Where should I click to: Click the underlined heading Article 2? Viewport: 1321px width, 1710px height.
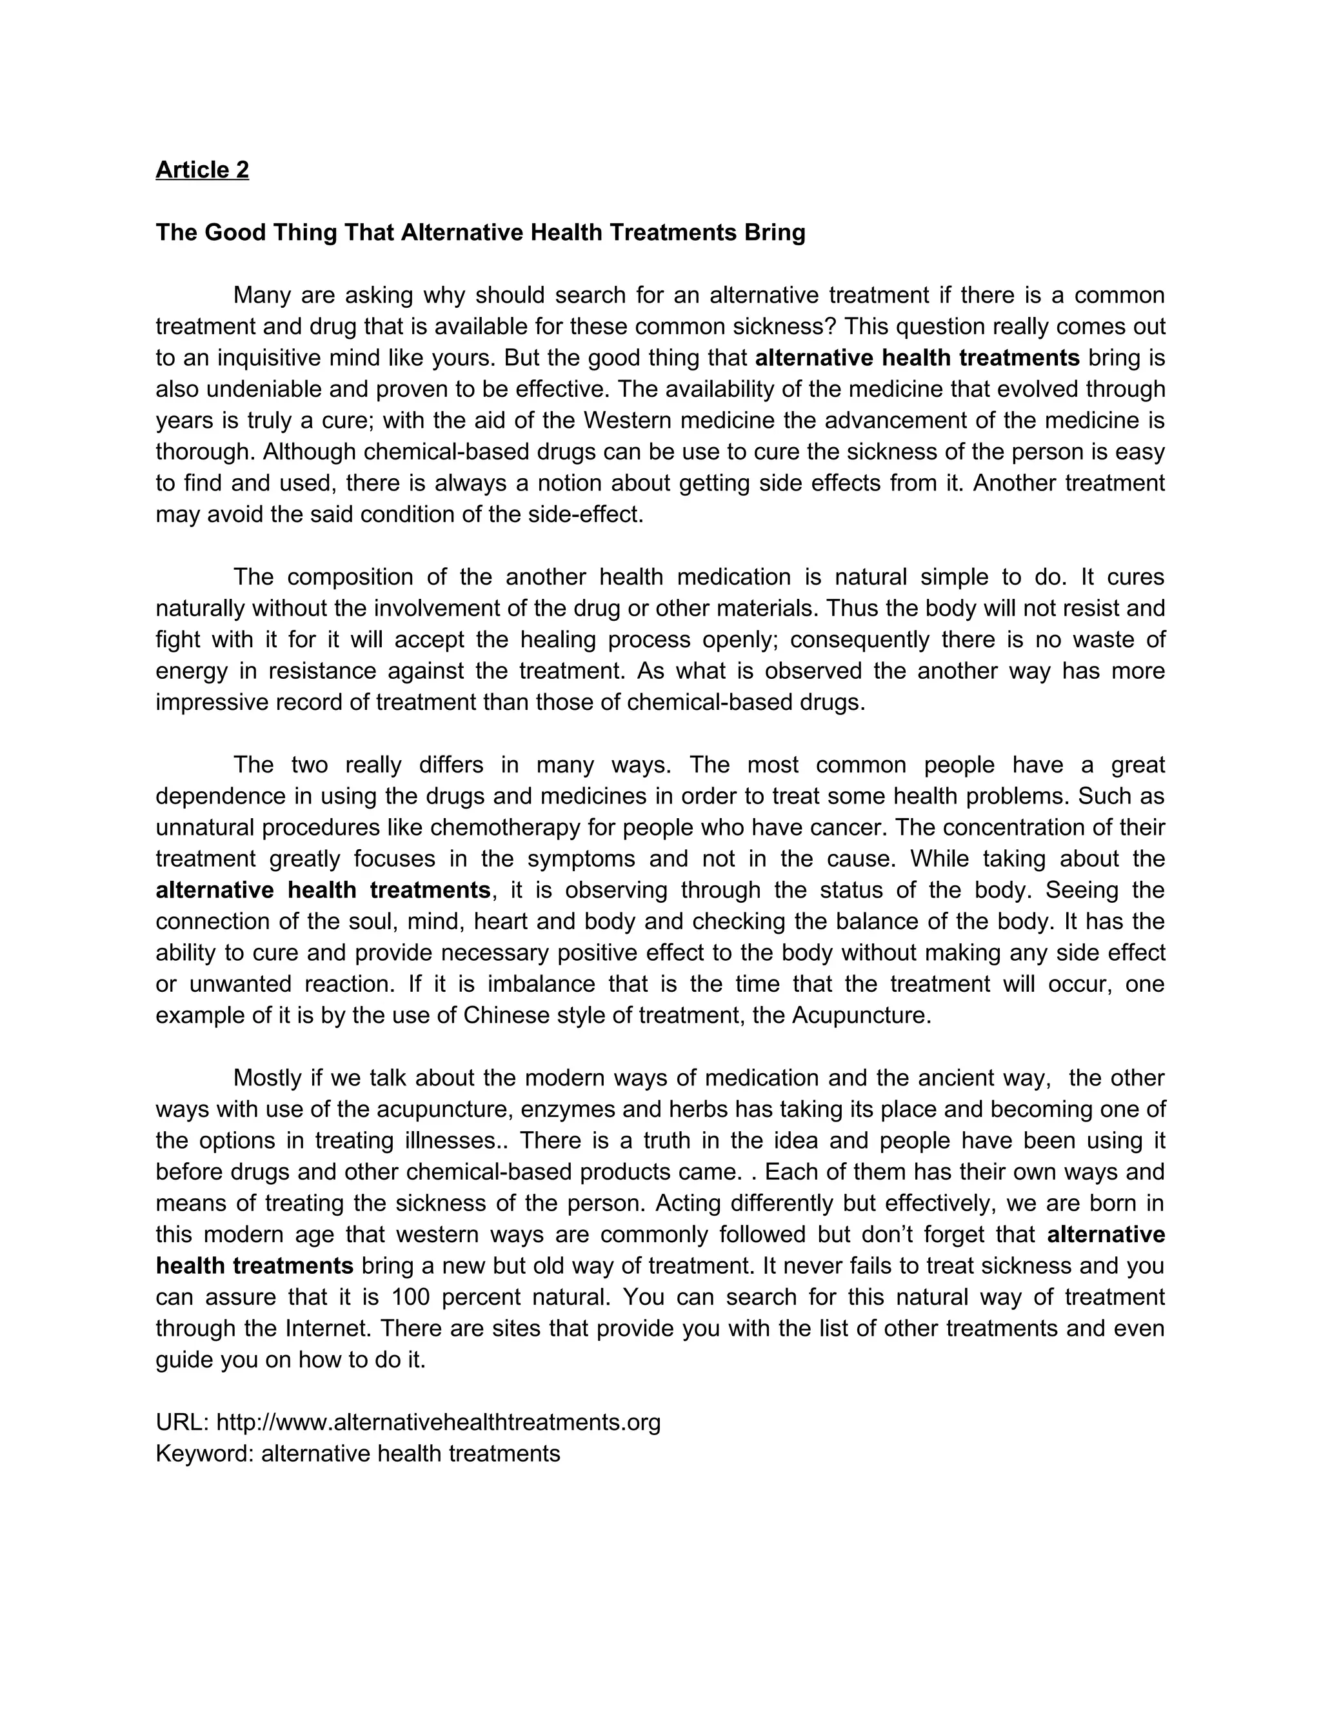tap(202, 170)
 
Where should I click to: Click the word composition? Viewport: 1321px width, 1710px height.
tap(349, 577)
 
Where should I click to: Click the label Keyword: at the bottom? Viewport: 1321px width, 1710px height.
tap(204, 1454)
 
